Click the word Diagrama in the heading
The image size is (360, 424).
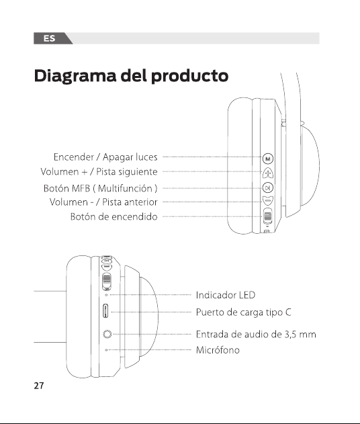click(75, 76)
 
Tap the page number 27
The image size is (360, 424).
click(39, 386)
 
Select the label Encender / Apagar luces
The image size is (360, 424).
click(105, 157)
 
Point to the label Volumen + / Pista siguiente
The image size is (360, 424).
click(99, 172)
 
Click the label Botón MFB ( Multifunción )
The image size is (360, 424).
click(100, 188)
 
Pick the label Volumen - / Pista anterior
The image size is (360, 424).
click(103, 202)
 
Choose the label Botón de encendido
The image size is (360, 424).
click(114, 216)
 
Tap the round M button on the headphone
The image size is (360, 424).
click(268, 159)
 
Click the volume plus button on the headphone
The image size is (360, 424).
click(268, 173)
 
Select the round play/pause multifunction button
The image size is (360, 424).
click(268, 187)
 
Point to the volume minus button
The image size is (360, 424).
click(268, 201)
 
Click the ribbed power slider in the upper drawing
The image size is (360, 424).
click(268, 216)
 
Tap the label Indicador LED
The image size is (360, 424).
click(226, 295)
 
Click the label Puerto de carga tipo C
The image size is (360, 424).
click(244, 312)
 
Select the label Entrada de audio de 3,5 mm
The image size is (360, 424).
click(256, 335)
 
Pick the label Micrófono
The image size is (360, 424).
click(218, 350)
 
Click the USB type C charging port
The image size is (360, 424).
click(105, 311)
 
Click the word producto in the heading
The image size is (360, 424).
click(189, 77)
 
